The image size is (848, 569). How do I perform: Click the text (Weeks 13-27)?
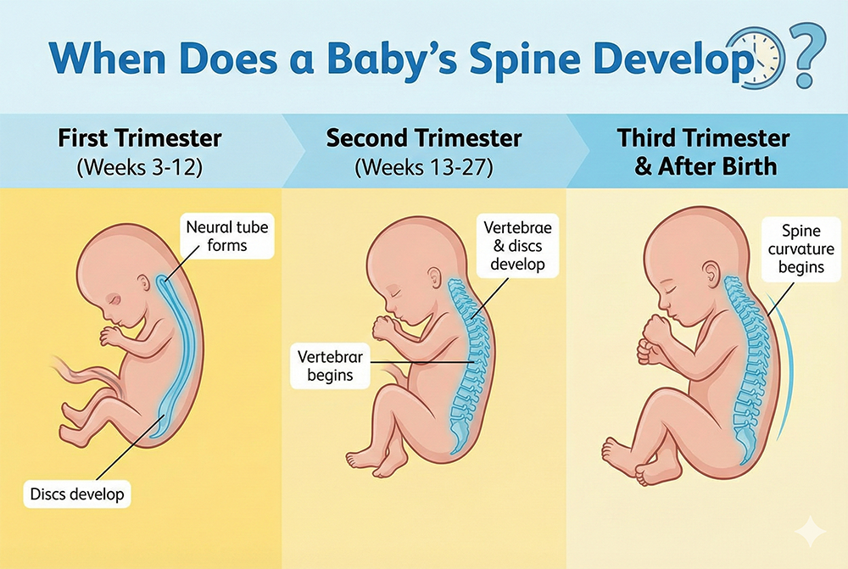point(424,166)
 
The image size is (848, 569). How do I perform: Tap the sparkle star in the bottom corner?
point(810,531)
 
